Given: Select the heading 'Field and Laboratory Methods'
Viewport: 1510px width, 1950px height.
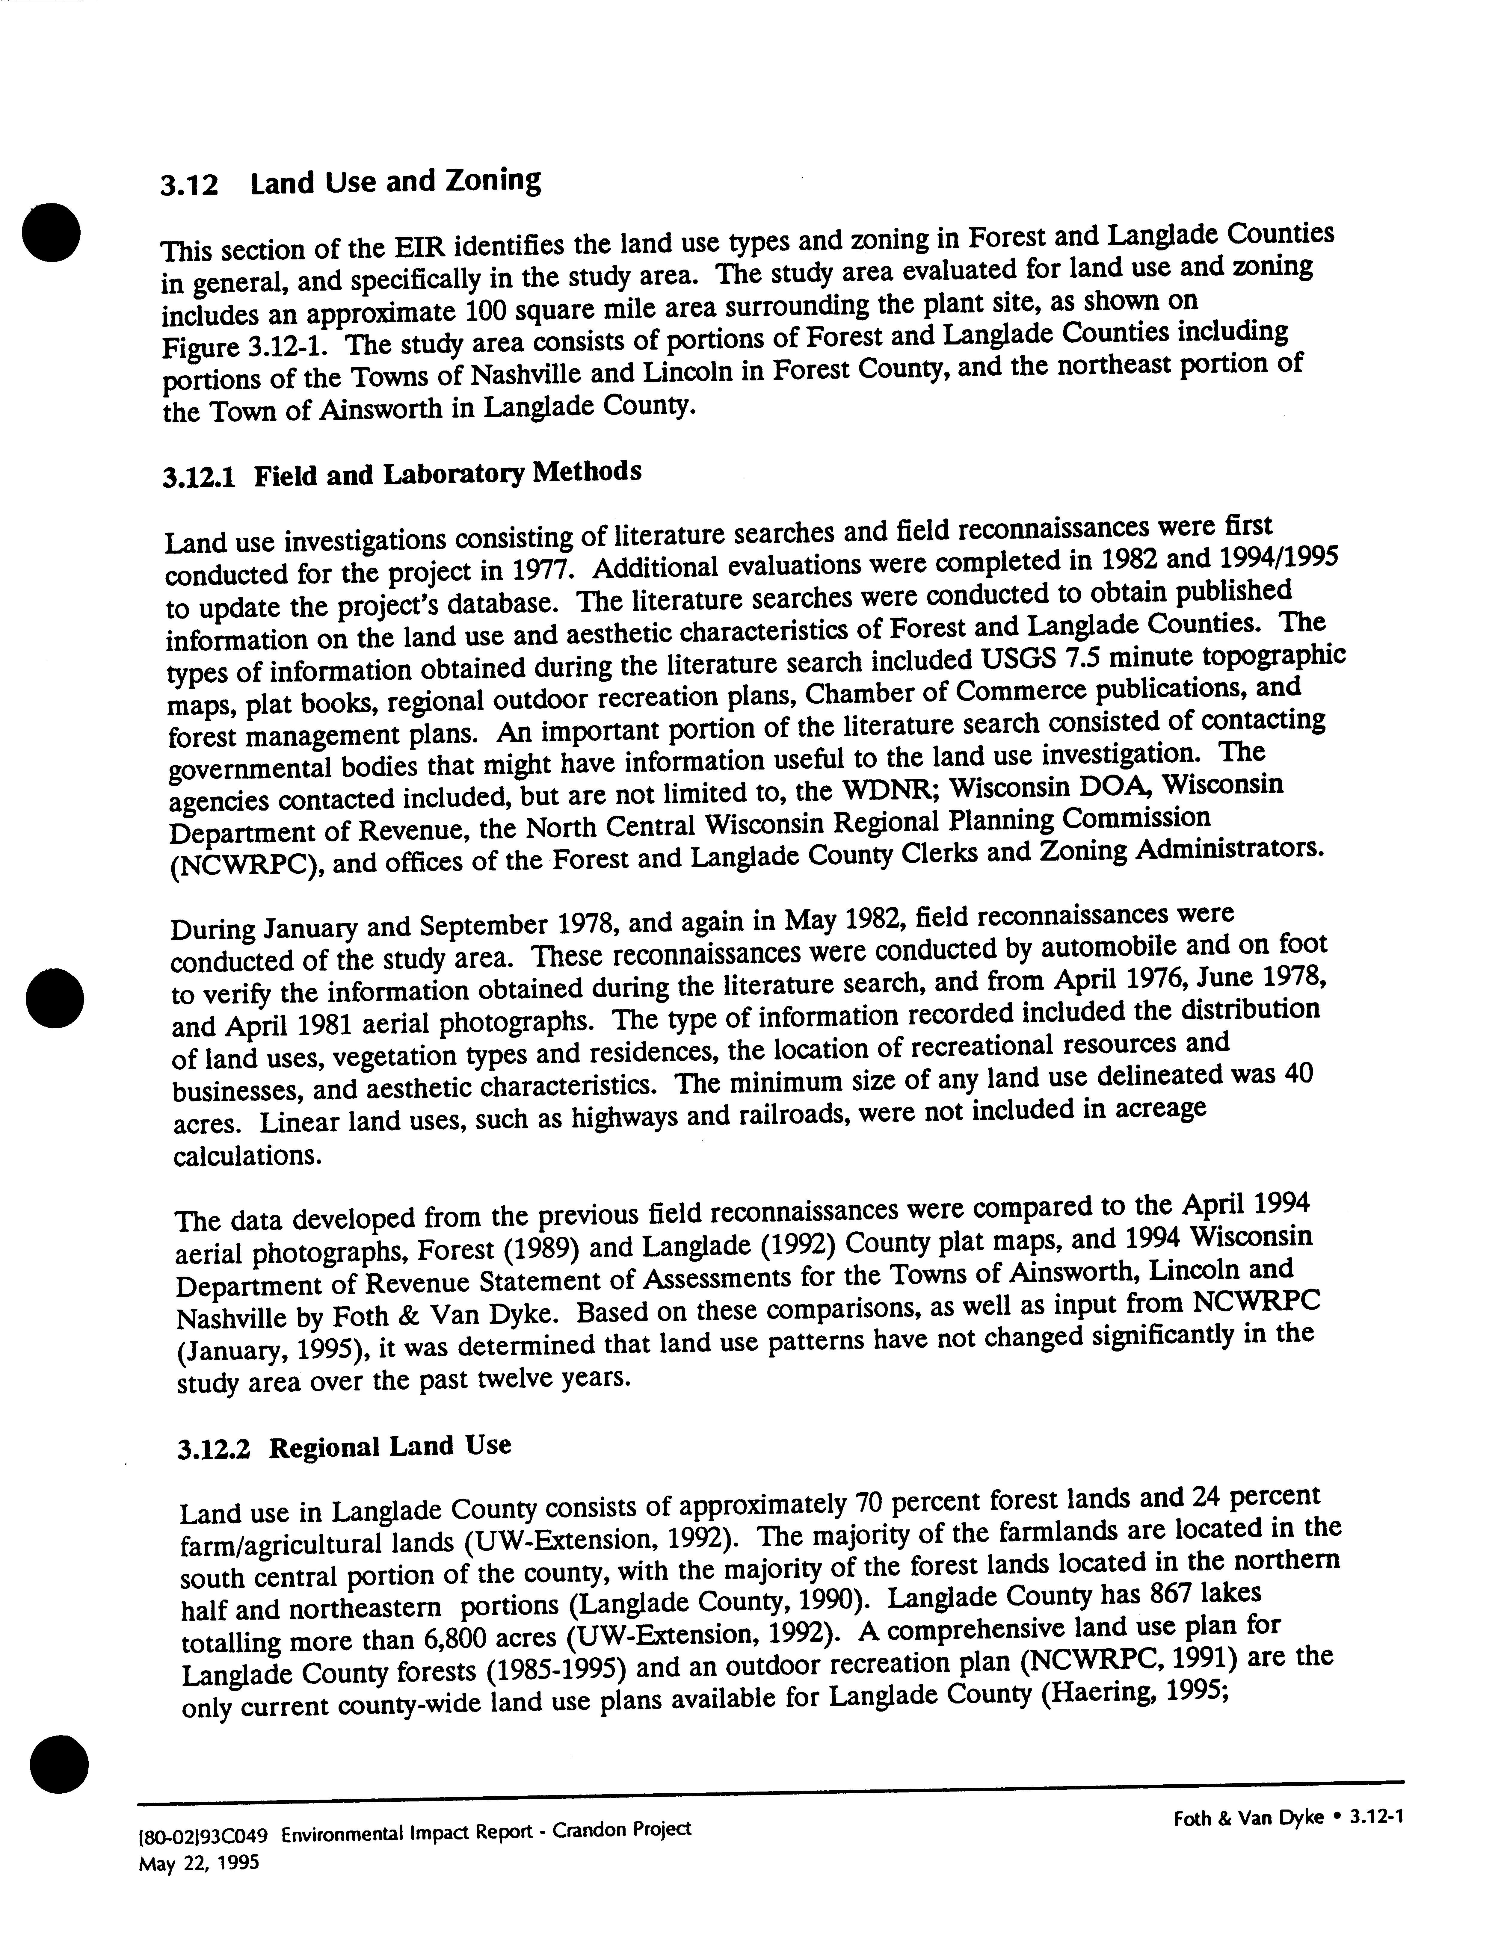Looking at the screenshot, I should pyautogui.click(x=447, y=473).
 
